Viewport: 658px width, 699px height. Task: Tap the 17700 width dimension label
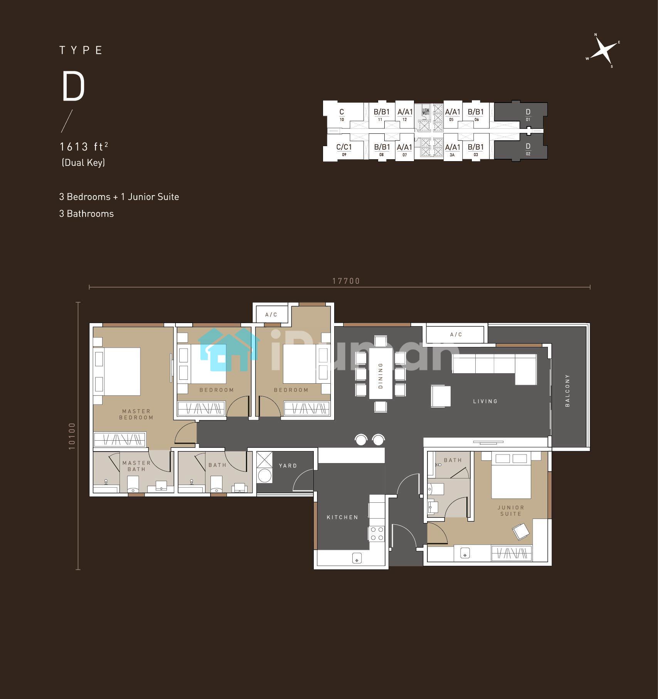point(346,281)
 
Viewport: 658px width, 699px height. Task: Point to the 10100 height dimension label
point(72,436)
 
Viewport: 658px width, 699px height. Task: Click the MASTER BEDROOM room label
point(136,414)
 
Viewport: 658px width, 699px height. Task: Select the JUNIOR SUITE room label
point(511,510)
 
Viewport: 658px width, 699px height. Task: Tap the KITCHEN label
point(342,517)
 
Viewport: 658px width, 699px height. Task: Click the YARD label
point(288,466)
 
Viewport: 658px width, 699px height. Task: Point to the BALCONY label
point(567,390)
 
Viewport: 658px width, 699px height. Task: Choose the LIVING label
point(485,401)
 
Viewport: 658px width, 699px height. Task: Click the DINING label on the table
point(381,375)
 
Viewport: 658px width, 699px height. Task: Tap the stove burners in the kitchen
point(377,534)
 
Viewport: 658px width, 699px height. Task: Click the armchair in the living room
point(441,396)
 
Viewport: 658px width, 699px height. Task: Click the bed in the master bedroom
point(118,371)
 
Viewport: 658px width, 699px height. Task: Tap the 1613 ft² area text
point(84,147)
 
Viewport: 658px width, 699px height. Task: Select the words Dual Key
point(83,163)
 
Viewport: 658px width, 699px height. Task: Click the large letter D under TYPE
point(73,87)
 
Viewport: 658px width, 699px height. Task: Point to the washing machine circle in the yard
point(265,475)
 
